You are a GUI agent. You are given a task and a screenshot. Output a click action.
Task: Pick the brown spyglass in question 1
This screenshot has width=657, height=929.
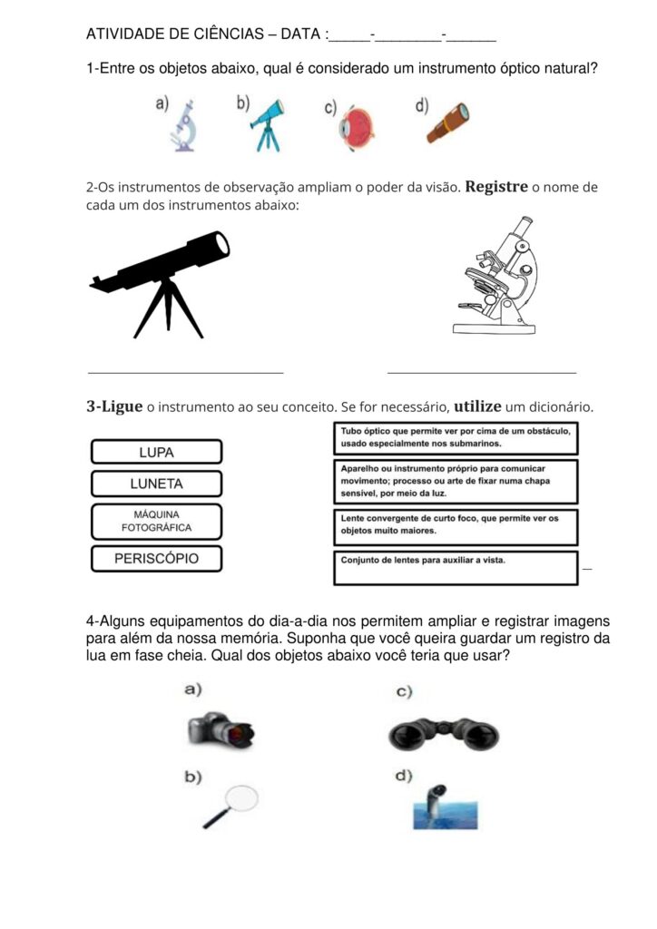coord(447,123)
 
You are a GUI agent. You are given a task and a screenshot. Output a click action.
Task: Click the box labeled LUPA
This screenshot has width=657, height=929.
coord(156,452)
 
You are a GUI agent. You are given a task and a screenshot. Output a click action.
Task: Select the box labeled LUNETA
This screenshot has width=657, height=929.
coord(156,484)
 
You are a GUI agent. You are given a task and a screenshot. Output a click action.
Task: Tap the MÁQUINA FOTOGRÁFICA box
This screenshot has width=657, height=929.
coord(156,521)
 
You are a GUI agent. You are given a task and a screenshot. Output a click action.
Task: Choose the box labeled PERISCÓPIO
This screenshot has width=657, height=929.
coord(156,559)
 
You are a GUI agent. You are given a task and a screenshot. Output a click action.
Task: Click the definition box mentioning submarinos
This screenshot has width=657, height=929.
coord(456,438)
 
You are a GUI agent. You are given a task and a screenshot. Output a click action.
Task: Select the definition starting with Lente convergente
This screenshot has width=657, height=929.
coord(456,524)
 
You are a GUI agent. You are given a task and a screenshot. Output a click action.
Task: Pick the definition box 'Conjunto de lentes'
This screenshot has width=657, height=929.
coord(456,567)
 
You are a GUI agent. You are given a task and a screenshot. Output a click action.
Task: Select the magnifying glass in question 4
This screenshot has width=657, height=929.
coord(231,805)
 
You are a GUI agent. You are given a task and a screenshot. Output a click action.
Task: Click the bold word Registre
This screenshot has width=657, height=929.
coord(496,187)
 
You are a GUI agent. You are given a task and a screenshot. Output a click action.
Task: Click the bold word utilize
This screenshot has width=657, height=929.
coord(489,406)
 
